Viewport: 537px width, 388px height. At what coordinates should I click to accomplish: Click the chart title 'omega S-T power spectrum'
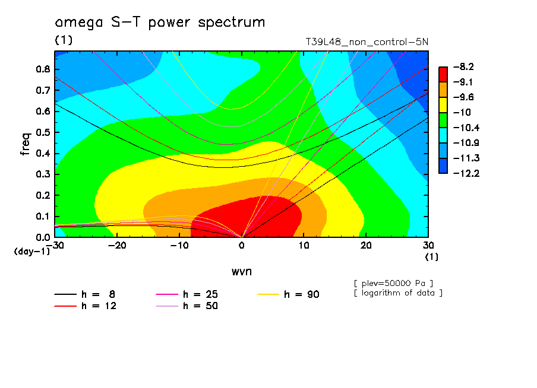tap(160, 23)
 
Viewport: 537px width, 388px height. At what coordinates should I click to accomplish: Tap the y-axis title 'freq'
tap(26, 144)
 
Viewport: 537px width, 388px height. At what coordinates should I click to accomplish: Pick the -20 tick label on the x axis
tap(117, 246)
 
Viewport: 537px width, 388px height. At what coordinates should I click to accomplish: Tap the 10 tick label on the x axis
tap(304, 246)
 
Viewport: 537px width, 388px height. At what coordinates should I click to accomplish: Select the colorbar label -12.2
tap(463, 173)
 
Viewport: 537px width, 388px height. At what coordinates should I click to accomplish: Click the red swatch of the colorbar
tap(443, 74)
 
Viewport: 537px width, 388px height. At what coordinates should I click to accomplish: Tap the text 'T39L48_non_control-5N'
tap(367, 43)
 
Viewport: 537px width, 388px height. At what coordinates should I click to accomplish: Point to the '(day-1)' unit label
tap(32, 252)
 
